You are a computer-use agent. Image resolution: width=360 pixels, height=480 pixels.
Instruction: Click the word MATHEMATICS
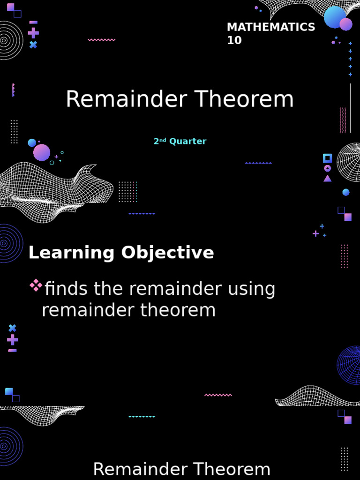[x=270, y=27]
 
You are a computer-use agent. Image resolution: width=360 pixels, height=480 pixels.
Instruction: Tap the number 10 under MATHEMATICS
[x=234, y=41]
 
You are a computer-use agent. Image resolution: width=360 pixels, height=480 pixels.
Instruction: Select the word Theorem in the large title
[x=244, y=99]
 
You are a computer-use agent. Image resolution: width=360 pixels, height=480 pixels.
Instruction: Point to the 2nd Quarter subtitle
[x=180, y=141]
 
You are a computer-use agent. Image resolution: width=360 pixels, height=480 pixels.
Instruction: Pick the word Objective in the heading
[x=167, y=253]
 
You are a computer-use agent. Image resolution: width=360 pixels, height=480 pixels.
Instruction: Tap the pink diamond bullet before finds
[x=36, y=285]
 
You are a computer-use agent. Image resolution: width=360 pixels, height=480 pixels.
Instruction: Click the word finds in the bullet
[x=66, y=289]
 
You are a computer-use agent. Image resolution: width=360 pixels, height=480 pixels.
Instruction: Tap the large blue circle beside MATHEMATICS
[x=335, y=17]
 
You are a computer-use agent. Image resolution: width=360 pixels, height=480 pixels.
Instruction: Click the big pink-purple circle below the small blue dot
[x=42, y=152]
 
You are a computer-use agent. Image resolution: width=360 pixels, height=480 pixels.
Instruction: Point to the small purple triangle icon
[x=327, y=179]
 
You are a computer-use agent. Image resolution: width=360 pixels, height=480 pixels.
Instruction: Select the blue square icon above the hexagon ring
[x=327, y=158]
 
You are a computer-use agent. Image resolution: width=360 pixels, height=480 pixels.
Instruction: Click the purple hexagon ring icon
[x=327, y=168]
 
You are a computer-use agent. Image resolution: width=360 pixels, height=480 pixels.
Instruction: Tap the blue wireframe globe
[x=350, y=365]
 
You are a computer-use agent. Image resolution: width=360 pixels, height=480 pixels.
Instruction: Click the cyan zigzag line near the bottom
[x=142, y=416]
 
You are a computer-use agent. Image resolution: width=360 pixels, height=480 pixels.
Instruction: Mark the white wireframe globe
[x=350, y=162]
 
